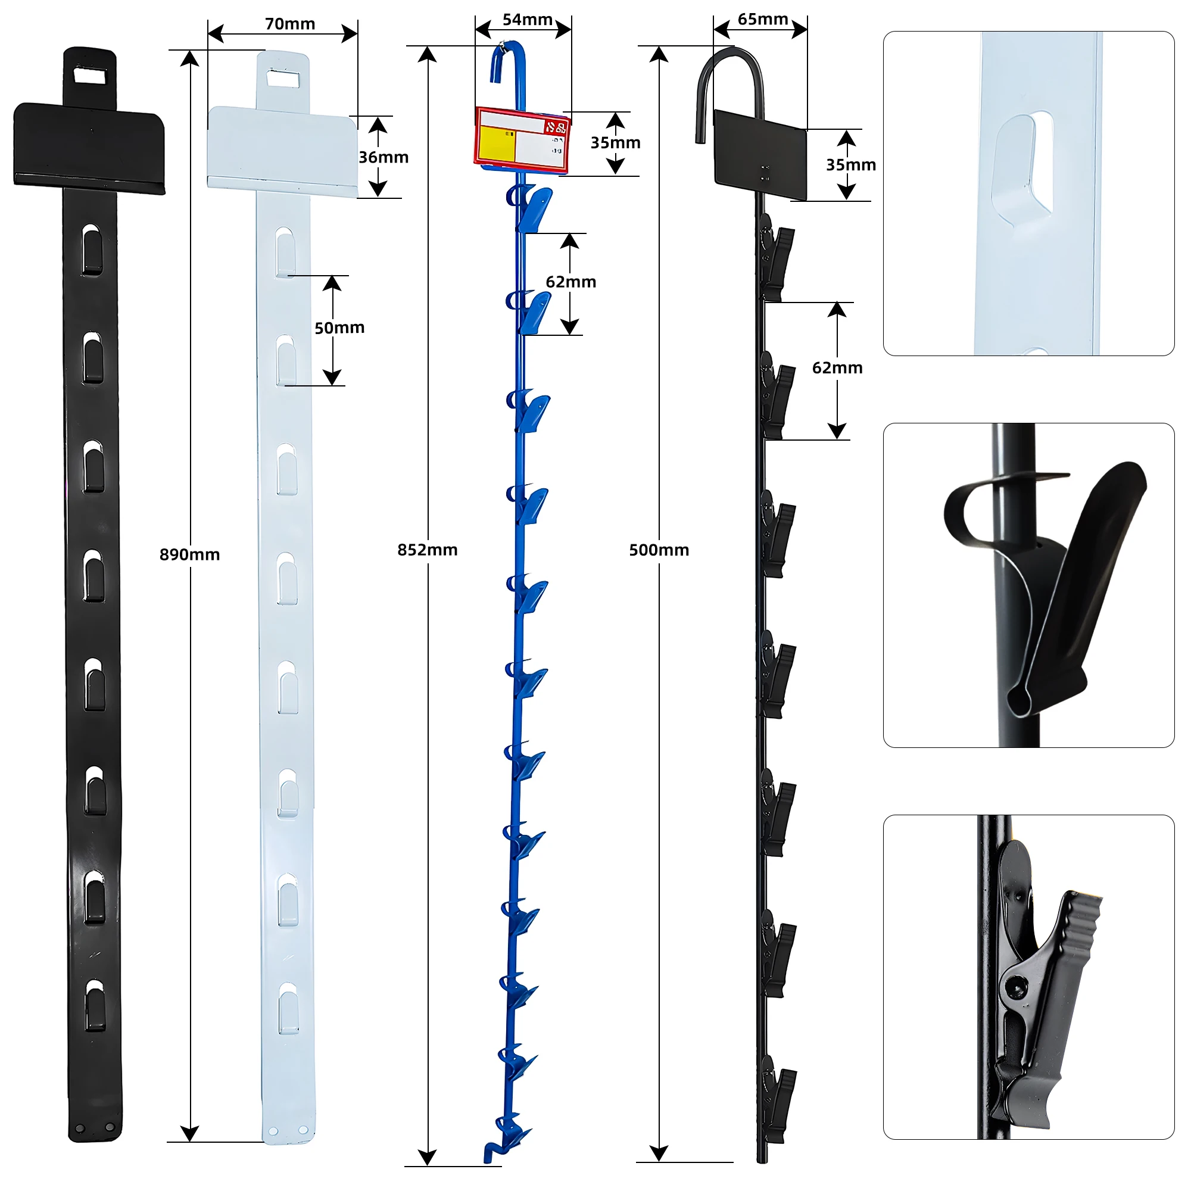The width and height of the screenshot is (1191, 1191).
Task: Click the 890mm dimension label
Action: pos(189,554)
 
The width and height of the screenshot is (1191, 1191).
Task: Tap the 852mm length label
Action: pos(427,549)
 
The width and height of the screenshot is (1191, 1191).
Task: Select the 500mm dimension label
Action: pos(659,549)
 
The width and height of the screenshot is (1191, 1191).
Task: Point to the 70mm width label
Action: pos(290,24)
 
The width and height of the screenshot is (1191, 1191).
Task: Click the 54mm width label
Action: pos(527,20)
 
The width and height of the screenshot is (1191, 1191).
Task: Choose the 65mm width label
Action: pos(763,19)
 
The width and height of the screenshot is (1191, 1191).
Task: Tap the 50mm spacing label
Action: pos(339,328)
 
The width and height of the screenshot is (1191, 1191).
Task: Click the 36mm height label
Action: pos(384,157)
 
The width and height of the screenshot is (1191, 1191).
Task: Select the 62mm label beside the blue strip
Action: pos(570,282)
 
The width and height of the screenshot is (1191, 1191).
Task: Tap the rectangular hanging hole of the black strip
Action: pos(91,76)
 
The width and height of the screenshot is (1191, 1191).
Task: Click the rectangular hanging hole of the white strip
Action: pos(283,78)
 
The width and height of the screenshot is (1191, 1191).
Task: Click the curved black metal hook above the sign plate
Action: pos(731,74)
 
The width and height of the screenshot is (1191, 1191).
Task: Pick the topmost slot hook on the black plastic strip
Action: pos(92,250)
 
